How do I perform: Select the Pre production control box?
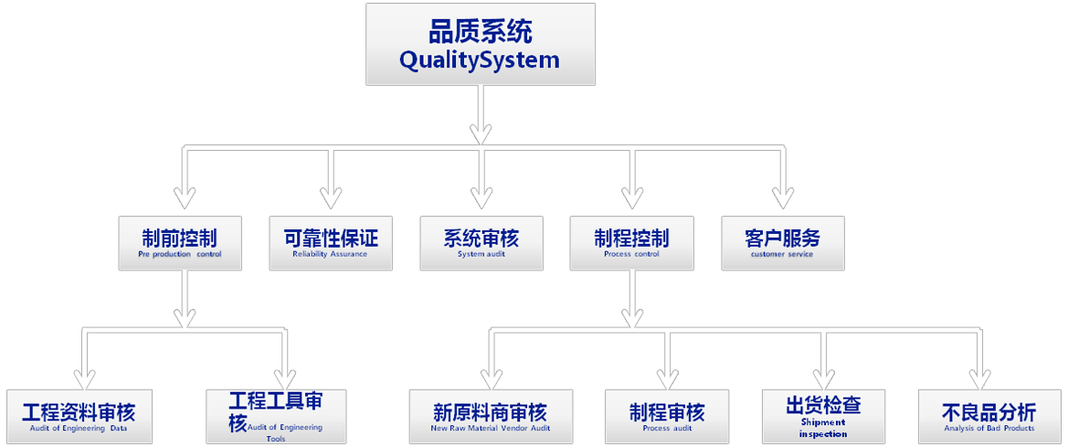point(180,243)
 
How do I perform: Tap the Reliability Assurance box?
point(331,243)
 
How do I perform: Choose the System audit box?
point(481,243)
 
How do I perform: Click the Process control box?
point(631,243)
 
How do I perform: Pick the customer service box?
point(782,243)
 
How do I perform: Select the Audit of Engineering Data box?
point(79,417)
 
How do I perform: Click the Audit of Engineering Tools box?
point(276,417)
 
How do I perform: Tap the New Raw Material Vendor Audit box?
point(491,417)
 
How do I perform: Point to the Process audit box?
point(668,417)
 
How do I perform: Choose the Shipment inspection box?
point(823,417)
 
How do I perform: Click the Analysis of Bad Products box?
point(989,417)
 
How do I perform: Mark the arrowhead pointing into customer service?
point(782,197)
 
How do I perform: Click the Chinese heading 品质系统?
point(481,32)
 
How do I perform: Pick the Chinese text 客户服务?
point(782,238)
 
